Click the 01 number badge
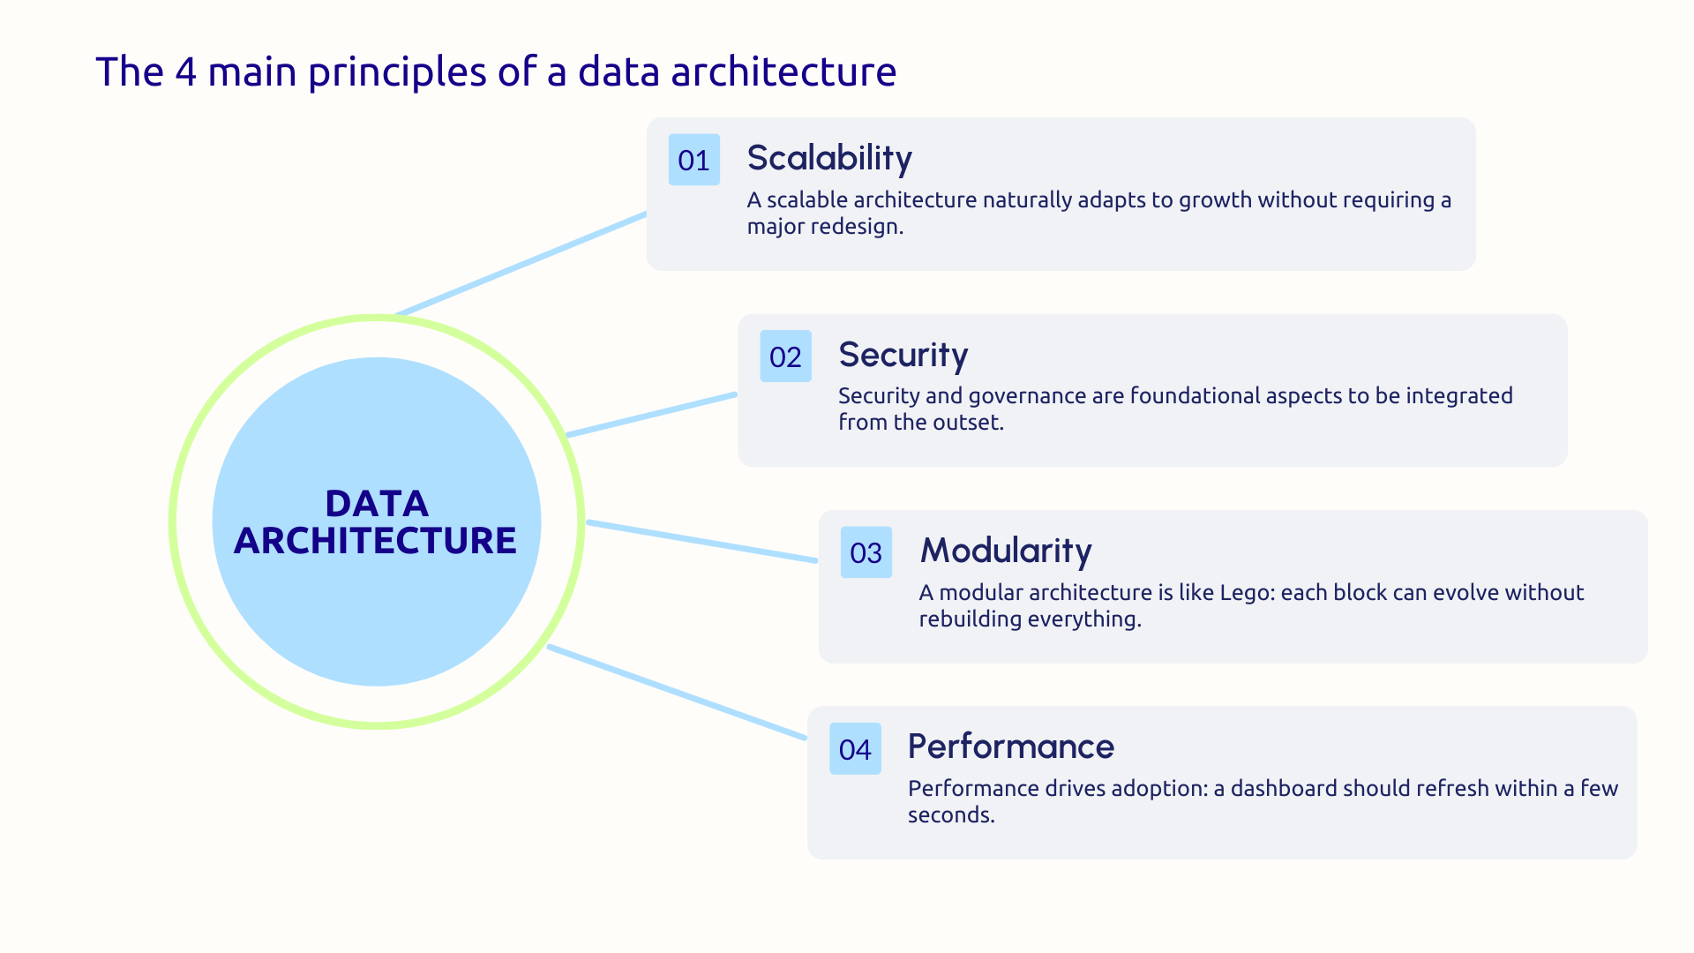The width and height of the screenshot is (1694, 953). (x=693, y=160)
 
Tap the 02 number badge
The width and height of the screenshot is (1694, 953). (x=785, y=356)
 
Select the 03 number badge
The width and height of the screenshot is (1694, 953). (x=866, y=552)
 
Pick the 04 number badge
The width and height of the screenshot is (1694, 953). (x=855, y=749)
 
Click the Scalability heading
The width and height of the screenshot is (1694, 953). (x=829, y=158)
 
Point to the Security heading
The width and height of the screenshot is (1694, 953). (x=903, y=355)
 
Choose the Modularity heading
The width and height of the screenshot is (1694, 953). (x=1006, y=551)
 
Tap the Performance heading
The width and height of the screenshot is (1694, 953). (x=1010, y=747)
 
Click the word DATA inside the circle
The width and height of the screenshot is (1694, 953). (x=377, y=504)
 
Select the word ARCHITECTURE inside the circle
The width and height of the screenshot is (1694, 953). (x=375, y=541)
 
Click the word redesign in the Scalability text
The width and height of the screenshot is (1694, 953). (x=856, y=227)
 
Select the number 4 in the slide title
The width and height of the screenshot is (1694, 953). (x=185, y=71)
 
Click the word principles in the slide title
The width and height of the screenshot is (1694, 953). (x=397, y=71)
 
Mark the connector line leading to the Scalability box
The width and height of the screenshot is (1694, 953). (x=521, y=264)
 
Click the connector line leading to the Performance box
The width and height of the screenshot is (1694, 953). (x=677, y=693)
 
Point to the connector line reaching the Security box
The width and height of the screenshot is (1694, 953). (x=651, y=415)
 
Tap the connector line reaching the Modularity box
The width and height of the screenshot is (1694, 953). (x=702, y=542)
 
